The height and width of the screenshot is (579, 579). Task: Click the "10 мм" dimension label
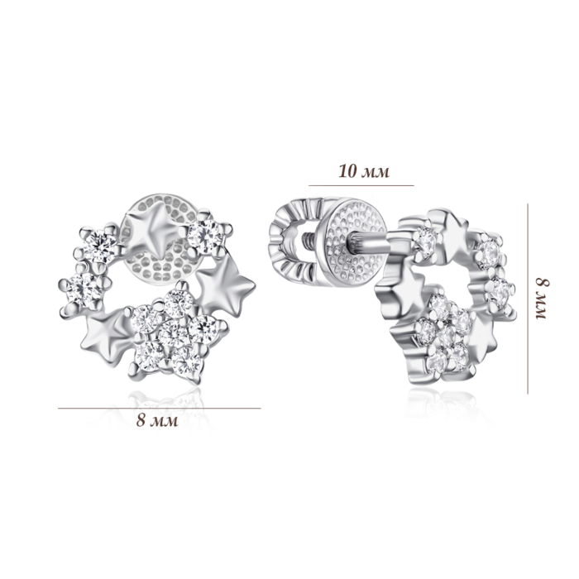tap(364, 172)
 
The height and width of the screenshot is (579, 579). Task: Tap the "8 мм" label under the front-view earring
tap(157, 420)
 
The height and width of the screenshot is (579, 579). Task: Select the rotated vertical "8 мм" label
tap(541, 299)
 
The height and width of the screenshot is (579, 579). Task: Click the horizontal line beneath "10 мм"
tap(361, 185)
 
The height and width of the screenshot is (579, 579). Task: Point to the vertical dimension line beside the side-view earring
tap(528, 299)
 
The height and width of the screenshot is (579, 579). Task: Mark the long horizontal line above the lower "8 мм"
tap(160, 408)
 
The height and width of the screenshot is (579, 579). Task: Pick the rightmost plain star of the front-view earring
tap(226, 285)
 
